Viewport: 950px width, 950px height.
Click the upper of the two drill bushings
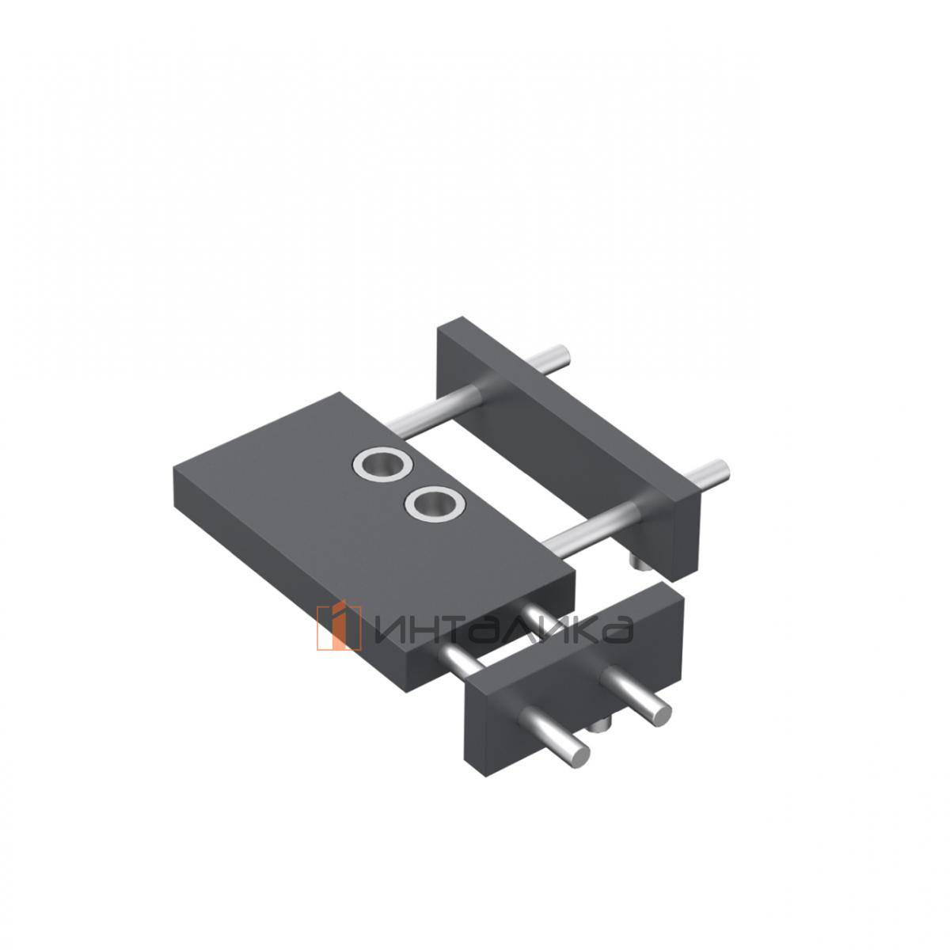coord(382,465)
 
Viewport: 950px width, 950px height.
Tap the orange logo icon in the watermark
coord(339,628)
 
